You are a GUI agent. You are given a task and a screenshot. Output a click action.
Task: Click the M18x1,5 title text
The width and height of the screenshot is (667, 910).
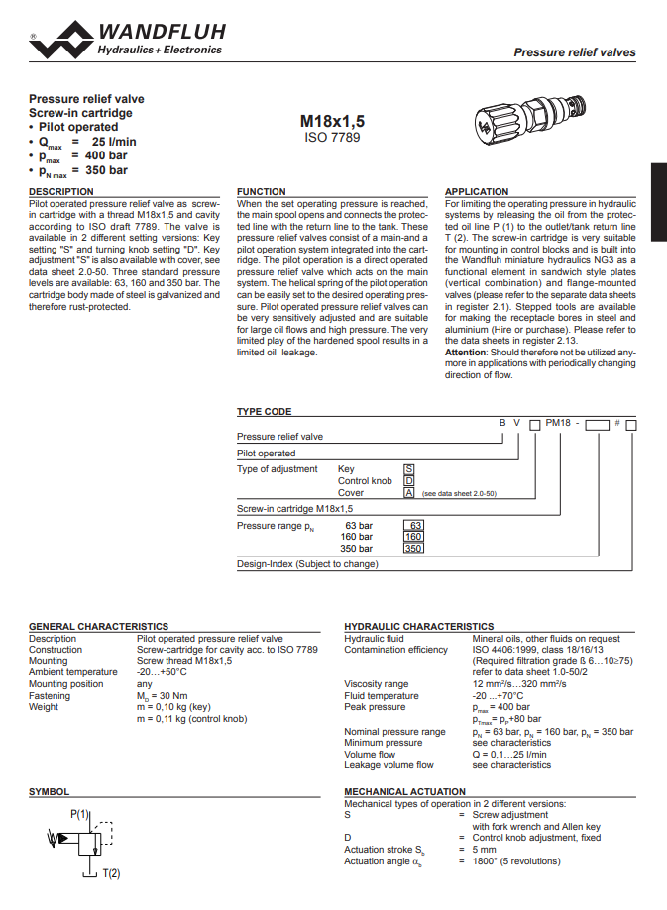(332, 121)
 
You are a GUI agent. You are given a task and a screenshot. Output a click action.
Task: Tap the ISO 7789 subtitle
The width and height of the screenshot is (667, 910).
(332, 138)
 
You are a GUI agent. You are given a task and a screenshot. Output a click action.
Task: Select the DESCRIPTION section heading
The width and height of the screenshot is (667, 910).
(61, 191)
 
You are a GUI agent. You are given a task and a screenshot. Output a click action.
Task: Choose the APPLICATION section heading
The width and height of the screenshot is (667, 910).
(477, 191)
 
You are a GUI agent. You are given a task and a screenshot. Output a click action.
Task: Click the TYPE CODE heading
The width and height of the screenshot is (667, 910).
(264, 411)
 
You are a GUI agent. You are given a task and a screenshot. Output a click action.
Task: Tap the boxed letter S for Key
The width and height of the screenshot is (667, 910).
(408, 469)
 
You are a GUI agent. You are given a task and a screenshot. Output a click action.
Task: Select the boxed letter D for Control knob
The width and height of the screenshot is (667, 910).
(408, 481)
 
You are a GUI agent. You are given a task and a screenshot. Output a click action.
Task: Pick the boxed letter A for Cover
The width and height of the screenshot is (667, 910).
(408, 492)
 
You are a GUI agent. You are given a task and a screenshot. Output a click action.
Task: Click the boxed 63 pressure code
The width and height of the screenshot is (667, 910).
(415, 525)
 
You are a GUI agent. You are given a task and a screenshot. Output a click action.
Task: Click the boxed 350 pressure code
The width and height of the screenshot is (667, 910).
(414, 548)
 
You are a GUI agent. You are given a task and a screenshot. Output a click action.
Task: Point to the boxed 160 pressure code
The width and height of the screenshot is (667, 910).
(414, 537)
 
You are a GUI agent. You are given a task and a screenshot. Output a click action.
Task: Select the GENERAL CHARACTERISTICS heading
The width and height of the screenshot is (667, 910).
(98, 627)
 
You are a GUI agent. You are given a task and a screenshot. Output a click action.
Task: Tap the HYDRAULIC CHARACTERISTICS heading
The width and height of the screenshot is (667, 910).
(418, 627)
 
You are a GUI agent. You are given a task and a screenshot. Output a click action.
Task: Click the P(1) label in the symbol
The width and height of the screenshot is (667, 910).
(80, 814)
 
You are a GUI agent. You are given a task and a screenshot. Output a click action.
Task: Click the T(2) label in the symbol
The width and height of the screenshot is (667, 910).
(111, 873)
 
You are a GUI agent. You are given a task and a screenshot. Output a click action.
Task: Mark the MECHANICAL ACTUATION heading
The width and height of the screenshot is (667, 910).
(404, 792)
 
